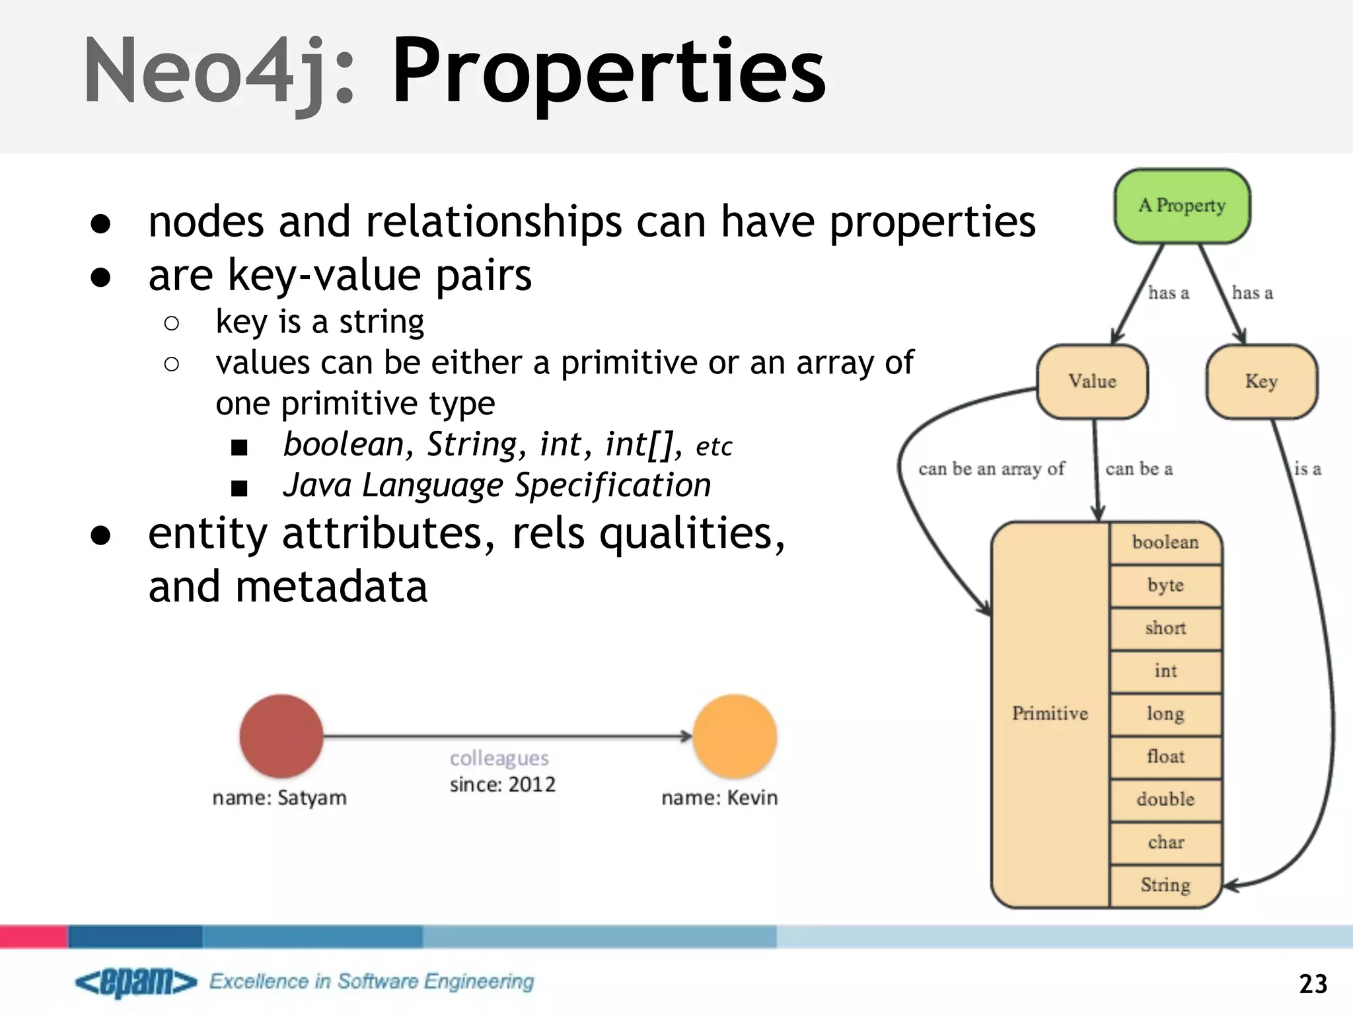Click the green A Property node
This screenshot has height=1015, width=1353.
[1182, 206]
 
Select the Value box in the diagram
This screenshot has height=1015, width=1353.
[1092, 381]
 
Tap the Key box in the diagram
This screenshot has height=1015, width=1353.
[1261, 381]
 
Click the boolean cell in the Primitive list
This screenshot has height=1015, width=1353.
[1165, 543]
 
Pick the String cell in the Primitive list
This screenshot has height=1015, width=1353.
[1165, 885]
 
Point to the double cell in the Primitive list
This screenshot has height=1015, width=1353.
[1165, 800]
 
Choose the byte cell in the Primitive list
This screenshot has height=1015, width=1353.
[1165, 585]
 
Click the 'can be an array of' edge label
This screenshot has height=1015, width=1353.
[991, 469]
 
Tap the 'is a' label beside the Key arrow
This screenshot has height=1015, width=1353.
[1307, 469]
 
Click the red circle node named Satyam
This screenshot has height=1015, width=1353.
[281, 735]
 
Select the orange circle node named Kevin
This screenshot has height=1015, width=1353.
[735, 735]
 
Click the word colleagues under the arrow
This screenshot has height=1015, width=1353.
[499, 758]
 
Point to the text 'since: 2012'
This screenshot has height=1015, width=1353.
[502, 785]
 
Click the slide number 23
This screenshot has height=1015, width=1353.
[1313, 984]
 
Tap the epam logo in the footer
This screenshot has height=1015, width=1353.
[135, 983]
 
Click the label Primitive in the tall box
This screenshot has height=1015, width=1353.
[1050, 714]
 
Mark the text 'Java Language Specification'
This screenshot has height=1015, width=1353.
[497, 486]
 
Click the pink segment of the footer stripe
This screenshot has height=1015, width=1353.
[33, 936]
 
